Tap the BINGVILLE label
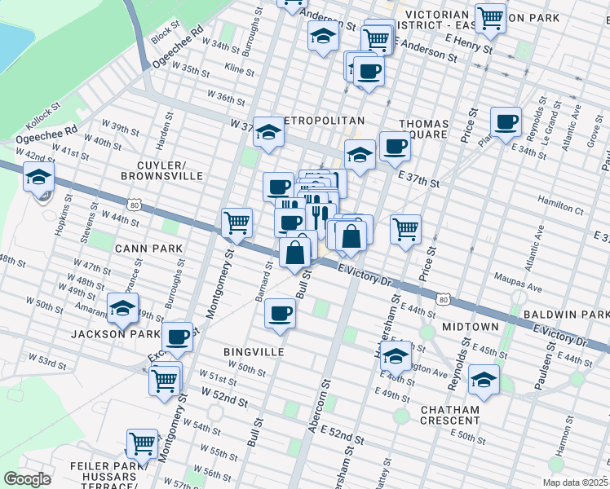pyautogui.click(x=254, y=351)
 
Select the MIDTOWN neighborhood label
pyautogui.click(x=471, y=326)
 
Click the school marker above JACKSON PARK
pyautogui.click(x=122, y=308)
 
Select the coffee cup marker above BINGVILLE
pyautogui.click(x=281, y=313)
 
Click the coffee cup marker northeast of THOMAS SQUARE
pyautogui.click(x=506, y=121)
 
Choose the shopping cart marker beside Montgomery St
pyautogui.click(x=236, y=222)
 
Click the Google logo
pyautogui.click(x=27, y=479)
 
